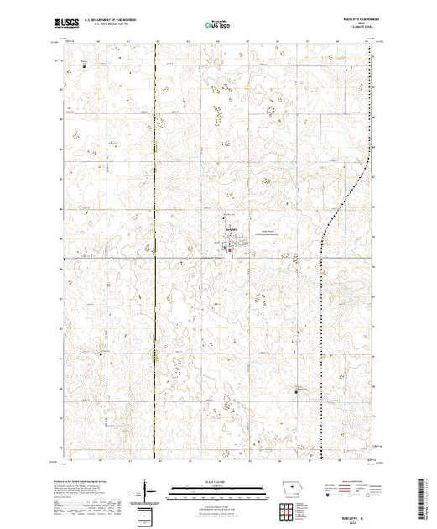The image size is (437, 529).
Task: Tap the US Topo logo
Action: [217, 24]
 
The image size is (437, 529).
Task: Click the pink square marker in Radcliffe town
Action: [231, 248]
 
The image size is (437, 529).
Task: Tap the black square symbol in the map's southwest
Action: [101, 354]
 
